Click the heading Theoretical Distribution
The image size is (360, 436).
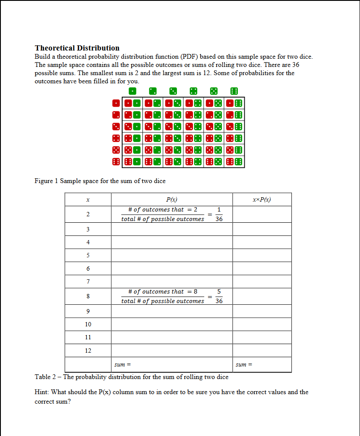(x=77, y=48)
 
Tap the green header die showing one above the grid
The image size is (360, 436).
(x=133, y=91)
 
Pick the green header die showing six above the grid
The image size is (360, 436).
(x=234, y=91)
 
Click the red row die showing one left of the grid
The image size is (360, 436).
(x=116, y=103)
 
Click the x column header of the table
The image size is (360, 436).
(x=88, y=199)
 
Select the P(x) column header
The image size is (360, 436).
(x=172, y=199)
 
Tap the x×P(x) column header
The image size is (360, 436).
(x=262, y=199)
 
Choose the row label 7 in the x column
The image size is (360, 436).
(x=88, y=281)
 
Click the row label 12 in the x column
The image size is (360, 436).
(x=88, y=351)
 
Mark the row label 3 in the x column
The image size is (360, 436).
(x=88, y=229)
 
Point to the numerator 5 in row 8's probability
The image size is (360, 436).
(x=219, y=292)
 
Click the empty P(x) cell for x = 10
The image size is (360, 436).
(x=172, y=324)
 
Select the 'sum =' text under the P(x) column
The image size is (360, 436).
(x=122, y=365)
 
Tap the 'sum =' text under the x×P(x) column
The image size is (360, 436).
(x=244, y=365)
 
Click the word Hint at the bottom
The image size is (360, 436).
(x=41, y=392)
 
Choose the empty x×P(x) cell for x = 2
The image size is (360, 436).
(x=262, y=214)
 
